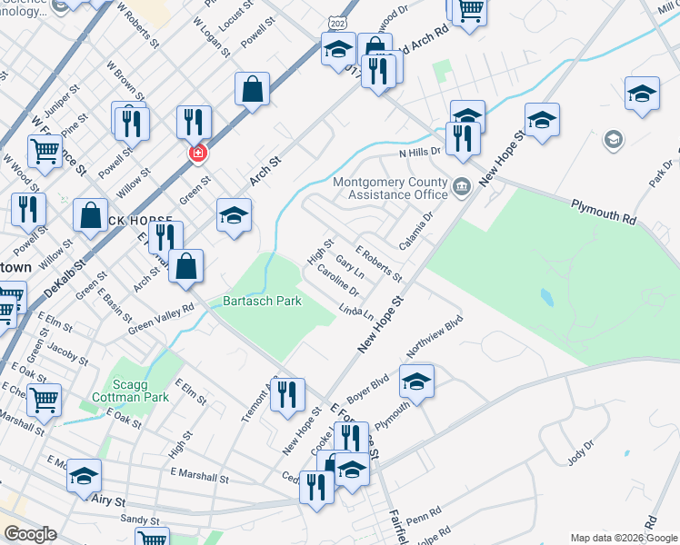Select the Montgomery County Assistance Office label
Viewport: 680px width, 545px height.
(390, 187)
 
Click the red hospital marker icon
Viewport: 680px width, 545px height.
(196, 154)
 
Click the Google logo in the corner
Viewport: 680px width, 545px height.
(30, 534)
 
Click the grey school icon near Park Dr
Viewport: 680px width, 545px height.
(614, 140)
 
